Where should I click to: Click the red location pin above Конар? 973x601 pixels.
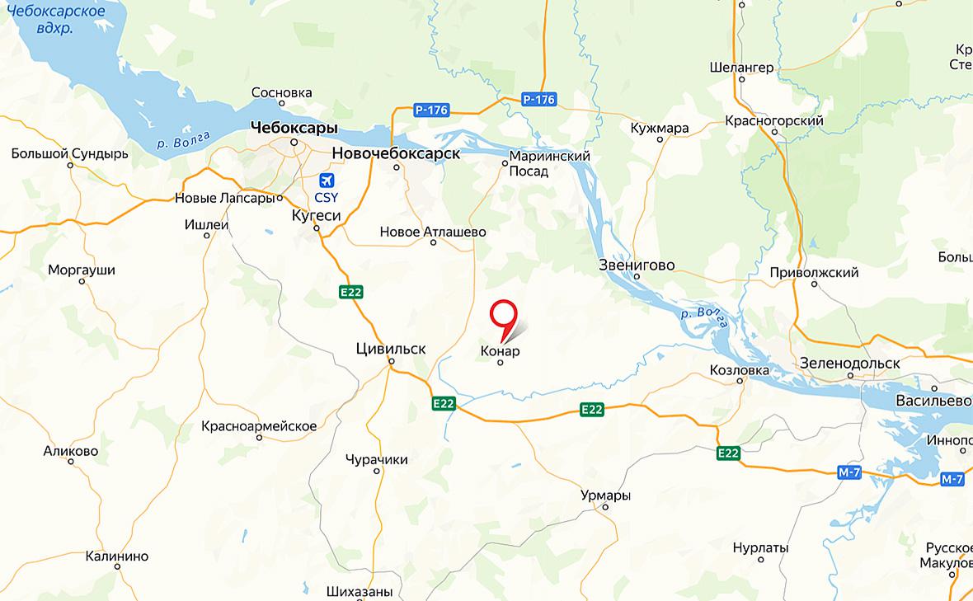click(x=502, y=315)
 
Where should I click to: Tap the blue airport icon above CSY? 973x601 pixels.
click(x=327, y=181)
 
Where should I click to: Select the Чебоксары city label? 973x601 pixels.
click(x=294, y=128)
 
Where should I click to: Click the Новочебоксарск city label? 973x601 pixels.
click(x=396, y=153)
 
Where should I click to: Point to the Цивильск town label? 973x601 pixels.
click(x=391, y=349)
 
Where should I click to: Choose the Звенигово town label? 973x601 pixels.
click(x=637, y=265)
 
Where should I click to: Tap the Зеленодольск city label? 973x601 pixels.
click(x=850, y=363)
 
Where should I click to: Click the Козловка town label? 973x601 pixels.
click(x=739, y=370)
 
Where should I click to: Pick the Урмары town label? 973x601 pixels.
click(x=605, y=495)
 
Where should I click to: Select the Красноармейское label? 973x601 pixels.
click(x=259, y=425)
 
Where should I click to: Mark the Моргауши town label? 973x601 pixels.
click(x=82, y=270)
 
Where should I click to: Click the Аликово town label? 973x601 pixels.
click(x=71, y=451)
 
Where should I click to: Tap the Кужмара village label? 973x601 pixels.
click(x=660, y=129)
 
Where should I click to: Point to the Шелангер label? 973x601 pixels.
click(x=742, y=67)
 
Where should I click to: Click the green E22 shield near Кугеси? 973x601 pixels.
click(x=350, y=292)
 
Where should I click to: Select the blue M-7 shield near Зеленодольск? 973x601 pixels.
click(x=848, y=472)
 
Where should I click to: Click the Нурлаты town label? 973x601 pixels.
click(x=760, y=547)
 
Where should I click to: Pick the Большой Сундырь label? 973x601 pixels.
click(x=70, y=153)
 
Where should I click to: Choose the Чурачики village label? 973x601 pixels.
click(x=377, y=459)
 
